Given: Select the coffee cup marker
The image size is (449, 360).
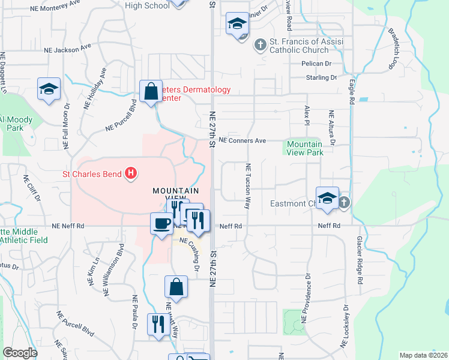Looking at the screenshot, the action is [160, 224].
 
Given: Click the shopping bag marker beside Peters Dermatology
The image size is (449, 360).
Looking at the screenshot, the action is [151, 92].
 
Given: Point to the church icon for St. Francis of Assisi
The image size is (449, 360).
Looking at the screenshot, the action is [261, 44].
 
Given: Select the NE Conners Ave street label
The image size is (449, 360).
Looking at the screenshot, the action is [243, 140].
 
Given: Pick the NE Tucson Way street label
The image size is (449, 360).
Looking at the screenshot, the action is [247, 186].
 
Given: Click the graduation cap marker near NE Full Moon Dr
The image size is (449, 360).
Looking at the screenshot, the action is [48, 89].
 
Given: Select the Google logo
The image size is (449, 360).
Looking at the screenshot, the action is [20, 352].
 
